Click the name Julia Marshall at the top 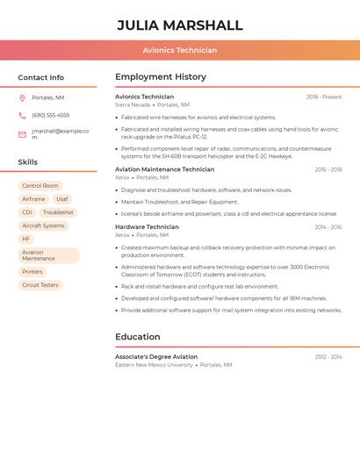coord(180,25)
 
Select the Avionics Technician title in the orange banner coord(180,50)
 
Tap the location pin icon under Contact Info coord(22,97)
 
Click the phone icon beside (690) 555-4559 coord(22,115)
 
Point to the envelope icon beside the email coord(22,134)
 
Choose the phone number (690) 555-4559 coord(51,115)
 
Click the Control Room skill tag coord(40,186)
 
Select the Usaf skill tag coord(61,199)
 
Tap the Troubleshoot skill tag coord(58,212)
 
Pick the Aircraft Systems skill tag coord(43,225)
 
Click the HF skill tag coord(25,239)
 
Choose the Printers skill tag coord(32,272)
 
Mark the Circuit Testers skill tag coord(40,285)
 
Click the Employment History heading coord(160,77)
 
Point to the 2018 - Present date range coord(324,97)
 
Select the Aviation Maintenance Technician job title coord(164,169)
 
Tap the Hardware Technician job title coord(147,227)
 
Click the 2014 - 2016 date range coord(328,227)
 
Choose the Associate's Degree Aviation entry coord(156,357)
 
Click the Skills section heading coord(28,162)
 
